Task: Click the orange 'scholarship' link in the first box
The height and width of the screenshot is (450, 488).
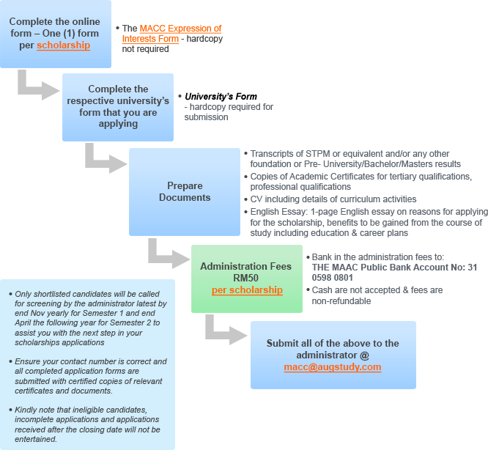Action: (63, 45)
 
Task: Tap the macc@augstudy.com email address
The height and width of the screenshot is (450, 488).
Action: (333, 367)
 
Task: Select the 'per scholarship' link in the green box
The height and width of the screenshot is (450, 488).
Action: (247, 290)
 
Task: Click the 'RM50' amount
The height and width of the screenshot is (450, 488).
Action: (246, 279)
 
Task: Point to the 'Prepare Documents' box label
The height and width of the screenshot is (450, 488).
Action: (185, 192)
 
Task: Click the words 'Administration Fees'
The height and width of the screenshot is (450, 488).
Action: (246, 267)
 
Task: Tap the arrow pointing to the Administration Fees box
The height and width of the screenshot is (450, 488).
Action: (169, 254)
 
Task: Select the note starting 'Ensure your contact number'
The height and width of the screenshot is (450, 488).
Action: (92, 376)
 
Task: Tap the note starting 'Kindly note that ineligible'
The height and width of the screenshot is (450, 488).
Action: (92, 424)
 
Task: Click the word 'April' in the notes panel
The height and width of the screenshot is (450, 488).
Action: (27, 322)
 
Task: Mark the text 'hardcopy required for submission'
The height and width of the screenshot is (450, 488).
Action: (229, 111)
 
